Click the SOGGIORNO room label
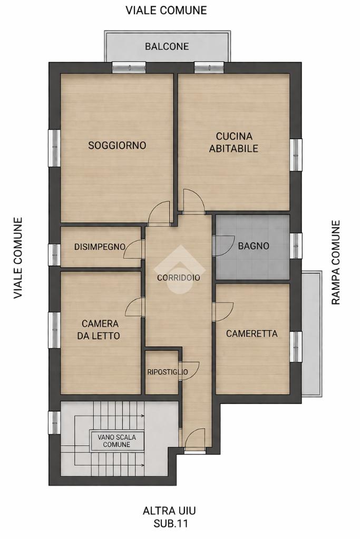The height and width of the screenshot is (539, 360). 117,145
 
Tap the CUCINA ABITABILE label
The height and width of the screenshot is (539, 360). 234,142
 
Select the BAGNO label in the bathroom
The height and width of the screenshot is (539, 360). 254,246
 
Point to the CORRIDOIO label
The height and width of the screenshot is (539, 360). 179,278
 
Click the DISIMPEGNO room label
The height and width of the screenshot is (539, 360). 100,247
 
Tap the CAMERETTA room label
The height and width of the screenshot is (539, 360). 252,334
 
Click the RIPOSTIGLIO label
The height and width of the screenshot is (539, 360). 168,372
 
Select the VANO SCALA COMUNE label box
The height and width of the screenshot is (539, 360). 116,440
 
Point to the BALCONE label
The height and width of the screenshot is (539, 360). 167,46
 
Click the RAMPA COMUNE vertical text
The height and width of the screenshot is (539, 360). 336,262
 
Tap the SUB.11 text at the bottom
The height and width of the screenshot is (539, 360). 171,524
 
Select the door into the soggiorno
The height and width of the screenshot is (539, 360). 159,213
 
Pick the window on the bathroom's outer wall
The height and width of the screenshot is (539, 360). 296,246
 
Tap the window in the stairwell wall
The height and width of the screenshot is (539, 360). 54,423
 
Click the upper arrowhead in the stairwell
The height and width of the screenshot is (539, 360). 142,416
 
